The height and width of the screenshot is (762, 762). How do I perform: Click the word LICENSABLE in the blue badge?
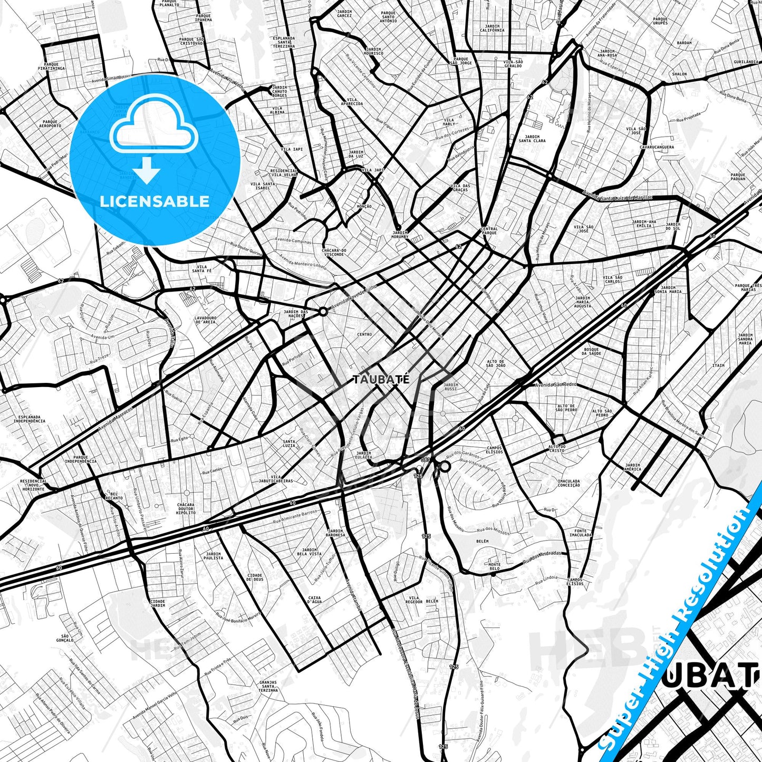click(155, 201)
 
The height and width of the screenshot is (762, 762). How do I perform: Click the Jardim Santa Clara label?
click(532, 139)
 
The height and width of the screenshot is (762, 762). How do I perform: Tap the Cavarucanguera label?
click(657, 147)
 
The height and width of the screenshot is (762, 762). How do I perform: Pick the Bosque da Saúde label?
click(592, 351)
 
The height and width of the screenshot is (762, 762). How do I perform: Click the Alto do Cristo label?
click(556, 448)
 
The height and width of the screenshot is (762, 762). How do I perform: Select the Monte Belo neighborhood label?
click(494, 567)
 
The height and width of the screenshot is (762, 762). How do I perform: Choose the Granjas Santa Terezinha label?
click(268, 686)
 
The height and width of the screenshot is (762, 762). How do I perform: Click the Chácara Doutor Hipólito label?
click(186, 508)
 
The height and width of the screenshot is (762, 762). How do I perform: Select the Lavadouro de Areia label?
click(205, 320)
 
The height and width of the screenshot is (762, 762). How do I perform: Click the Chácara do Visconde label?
click(334, 252)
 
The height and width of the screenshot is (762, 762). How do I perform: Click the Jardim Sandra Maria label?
click(745, 339)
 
